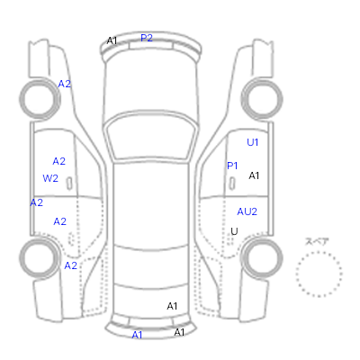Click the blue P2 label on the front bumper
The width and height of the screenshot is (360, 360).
tap(147, 38)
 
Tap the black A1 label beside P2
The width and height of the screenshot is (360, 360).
tap(112, 40)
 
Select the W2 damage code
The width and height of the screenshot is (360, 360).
tap(50, 178)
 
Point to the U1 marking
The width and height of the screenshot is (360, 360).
tap(252, 142)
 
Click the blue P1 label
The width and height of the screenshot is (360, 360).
tap(232, 166)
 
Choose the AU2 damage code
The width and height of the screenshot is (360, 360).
tap(247, 211)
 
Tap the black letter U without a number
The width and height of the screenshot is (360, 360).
tap(234, 231)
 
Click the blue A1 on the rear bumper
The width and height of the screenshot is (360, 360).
tap(137, 335)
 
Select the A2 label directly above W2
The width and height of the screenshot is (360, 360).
tap(58, 161)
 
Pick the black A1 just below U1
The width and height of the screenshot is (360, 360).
tap(254, 175)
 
